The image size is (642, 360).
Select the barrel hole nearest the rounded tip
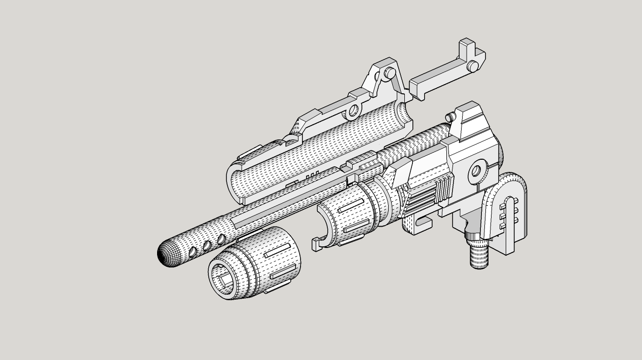(x=193, y=252)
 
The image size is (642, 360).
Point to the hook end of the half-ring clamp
(x=316, y=246)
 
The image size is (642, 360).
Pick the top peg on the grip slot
(x=503, y=206)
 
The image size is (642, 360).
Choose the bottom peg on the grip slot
(x=503, y=226)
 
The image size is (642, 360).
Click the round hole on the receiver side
(x=476, y=171)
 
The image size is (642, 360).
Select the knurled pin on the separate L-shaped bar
(x=472, y=65)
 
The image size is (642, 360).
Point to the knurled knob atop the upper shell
(x=389, y=72)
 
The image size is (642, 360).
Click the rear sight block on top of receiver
(x=468, y=122)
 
